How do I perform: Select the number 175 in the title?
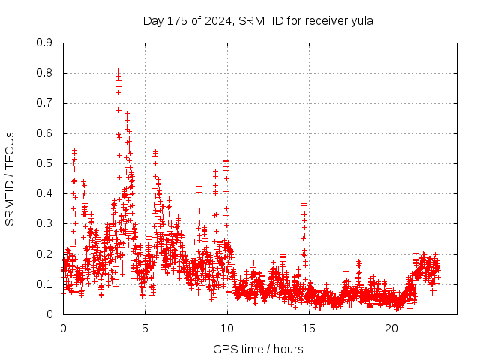[178, 21]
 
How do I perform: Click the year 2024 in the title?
[217, 21]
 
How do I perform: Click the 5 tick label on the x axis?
[145, 328]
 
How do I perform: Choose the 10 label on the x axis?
[227, 328]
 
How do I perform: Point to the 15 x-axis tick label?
[310, 328]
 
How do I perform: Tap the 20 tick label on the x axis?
[391, 328]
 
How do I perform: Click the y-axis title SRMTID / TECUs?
[10, 178]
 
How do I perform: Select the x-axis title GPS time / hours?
[258, 349]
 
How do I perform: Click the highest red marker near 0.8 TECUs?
[118, 70]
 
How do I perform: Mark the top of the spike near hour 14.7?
[304, 203]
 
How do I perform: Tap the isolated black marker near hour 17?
[346, 271]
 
